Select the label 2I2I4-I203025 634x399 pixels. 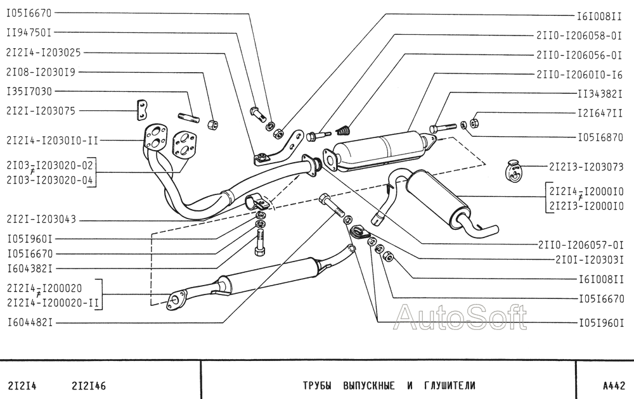tap(43, 53)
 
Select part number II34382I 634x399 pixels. tap(600, 94)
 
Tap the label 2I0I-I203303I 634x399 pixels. tap(590, 260)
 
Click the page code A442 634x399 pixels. tap(614, 385)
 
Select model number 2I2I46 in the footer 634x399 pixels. tap(89, 385)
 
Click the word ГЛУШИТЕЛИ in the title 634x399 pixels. tap(448, 385)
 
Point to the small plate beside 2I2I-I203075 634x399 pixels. tap(142, 110)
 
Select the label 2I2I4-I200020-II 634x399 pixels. tap(53, 303)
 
